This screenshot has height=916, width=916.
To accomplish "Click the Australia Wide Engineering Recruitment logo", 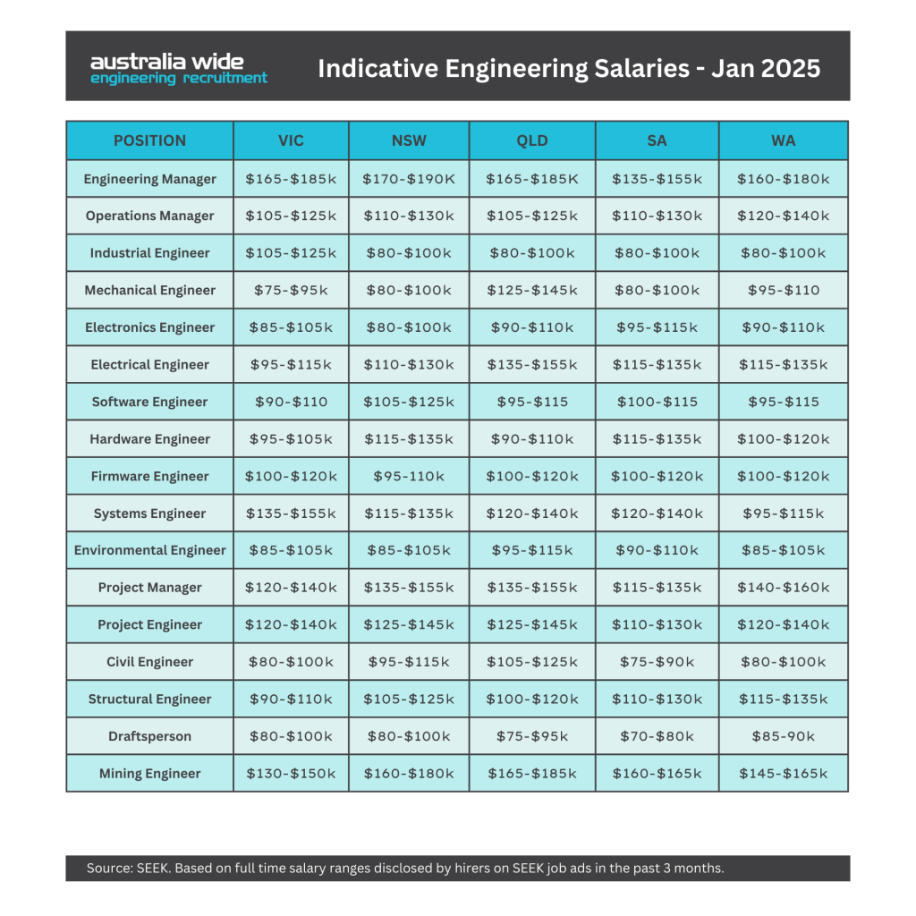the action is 179,69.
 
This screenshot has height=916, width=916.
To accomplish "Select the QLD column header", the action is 532,140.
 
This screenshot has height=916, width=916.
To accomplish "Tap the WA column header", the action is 784,140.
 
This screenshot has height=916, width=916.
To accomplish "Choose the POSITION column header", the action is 150,140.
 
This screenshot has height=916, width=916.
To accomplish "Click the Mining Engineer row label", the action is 150,774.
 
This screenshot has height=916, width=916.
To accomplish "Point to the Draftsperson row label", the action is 150,736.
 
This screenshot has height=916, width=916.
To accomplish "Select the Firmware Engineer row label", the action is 150,476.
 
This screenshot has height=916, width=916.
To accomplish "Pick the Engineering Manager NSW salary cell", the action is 409,179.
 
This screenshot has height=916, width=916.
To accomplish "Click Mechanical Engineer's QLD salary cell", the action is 532,291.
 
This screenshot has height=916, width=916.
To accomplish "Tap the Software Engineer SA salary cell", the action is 657,402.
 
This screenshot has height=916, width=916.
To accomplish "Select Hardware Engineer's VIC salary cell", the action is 291,438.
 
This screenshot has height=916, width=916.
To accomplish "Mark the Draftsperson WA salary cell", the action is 784,736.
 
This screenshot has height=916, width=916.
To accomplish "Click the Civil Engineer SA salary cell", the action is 657,662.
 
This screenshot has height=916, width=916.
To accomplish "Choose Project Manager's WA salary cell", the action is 784,587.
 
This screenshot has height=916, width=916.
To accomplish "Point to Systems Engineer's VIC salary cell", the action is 291,513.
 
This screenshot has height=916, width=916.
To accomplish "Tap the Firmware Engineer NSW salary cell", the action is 409,476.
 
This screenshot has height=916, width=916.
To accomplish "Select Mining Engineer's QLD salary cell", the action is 532,774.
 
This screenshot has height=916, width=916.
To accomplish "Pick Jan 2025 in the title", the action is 766,68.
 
